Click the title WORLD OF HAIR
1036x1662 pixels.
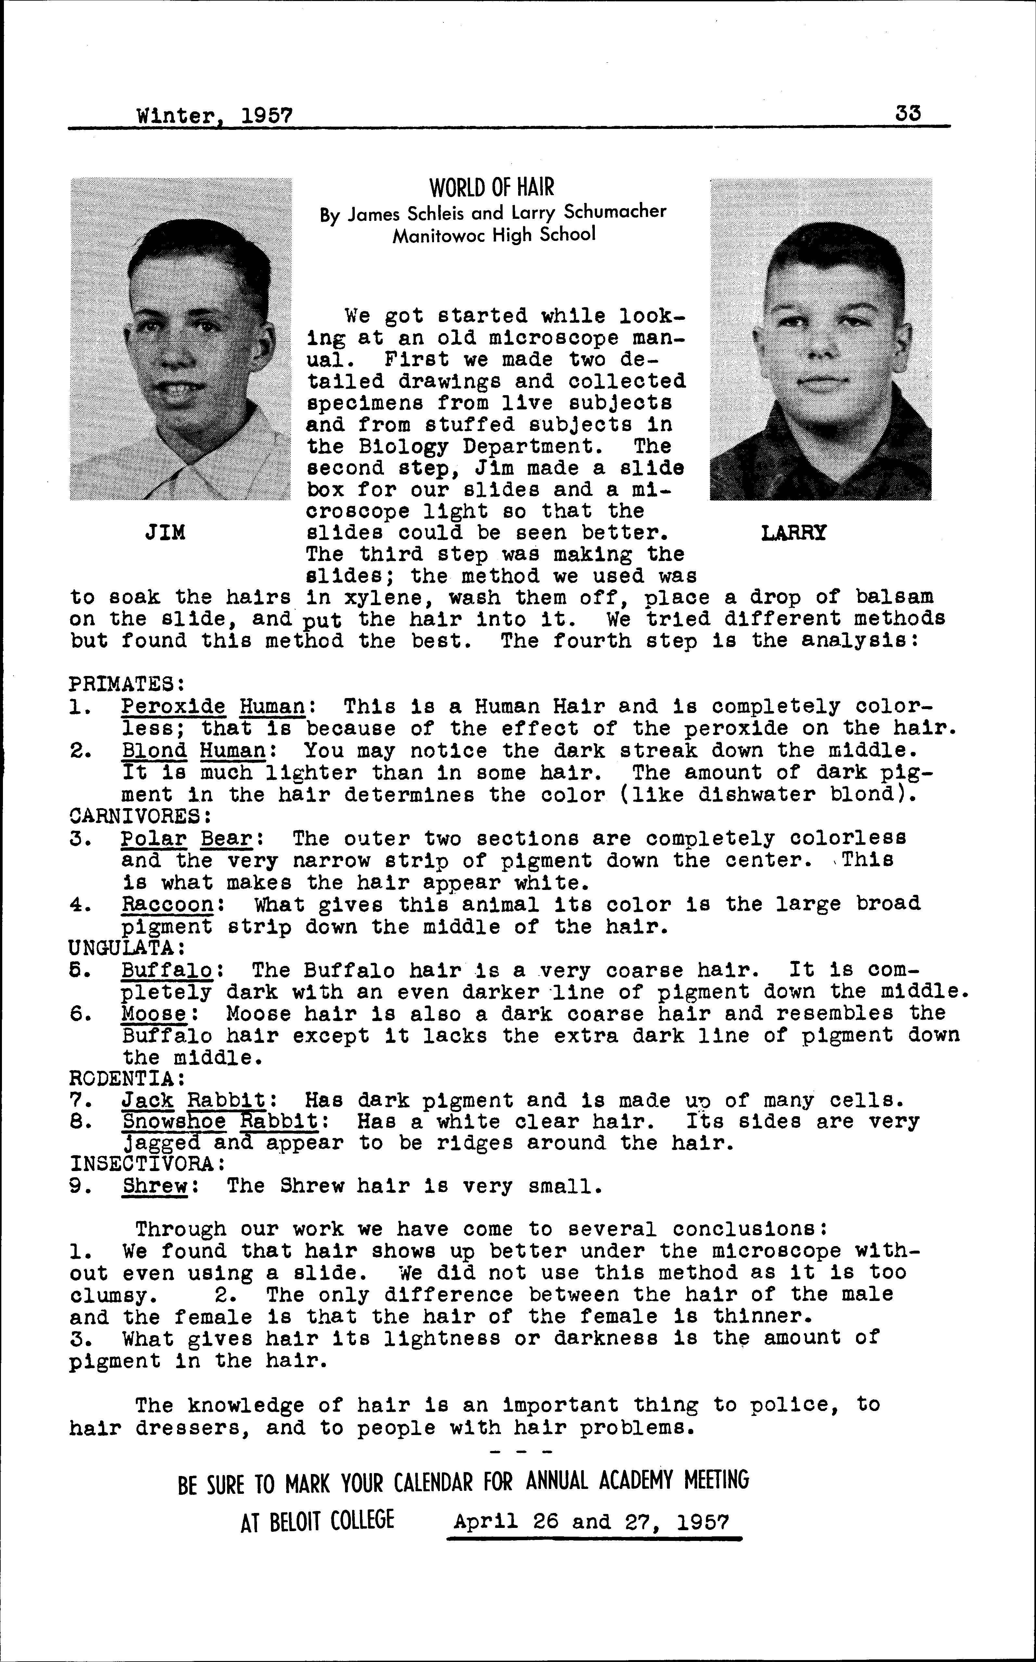[491, 187]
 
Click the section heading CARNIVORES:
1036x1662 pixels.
[140, 816]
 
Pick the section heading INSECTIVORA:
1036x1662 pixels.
[147, 1164]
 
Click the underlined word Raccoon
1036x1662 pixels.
[168, 905]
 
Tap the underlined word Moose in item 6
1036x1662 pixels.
[154, 1014]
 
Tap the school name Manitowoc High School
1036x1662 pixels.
[493, 235]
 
